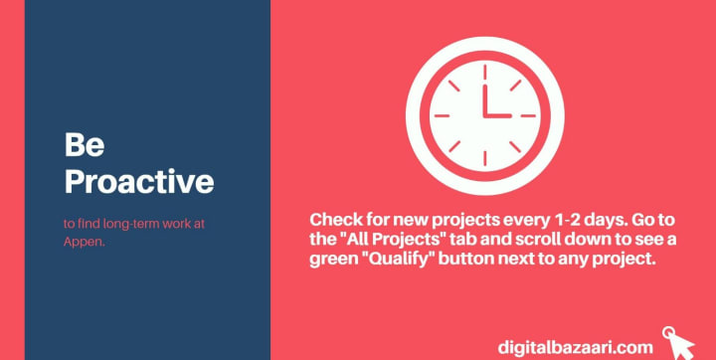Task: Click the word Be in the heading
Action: [85, 144]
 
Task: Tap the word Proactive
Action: [139, 181]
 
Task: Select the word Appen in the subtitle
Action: [84, 242]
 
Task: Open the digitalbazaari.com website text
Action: [576, 347]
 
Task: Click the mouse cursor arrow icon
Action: [679, 343]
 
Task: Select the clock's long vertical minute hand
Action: [485, 100]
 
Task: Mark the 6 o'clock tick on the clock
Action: [485, 158]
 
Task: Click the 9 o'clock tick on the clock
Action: [442, 115]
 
